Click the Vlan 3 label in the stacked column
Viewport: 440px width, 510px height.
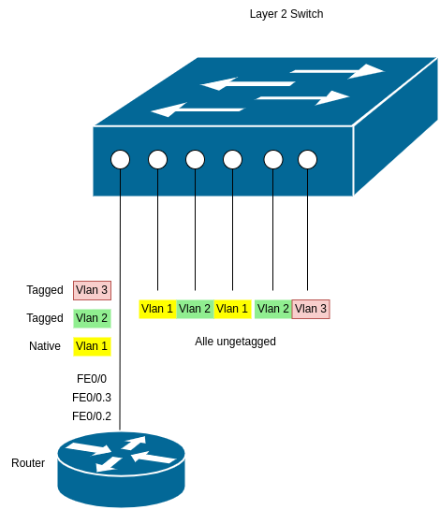point(92,290)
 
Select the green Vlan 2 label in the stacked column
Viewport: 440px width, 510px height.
point(92,318)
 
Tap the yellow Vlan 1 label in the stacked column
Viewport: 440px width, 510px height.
point(92,346)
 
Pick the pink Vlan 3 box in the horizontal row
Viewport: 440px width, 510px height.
point(311,309)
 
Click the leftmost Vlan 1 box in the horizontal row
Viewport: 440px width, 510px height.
point(156,309)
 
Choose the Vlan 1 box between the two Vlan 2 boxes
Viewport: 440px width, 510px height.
point(232,309)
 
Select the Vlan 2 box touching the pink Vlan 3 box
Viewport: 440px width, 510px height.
point(272,309)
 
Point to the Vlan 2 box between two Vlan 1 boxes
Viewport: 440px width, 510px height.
point(195,309)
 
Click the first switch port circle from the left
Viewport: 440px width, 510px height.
point(120,160)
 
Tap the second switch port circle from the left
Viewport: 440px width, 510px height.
point(157,160)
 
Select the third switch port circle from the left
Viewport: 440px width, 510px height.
point(195,160)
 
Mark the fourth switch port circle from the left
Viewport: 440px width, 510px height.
point(232,160)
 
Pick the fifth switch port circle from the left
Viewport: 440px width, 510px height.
point(272,160)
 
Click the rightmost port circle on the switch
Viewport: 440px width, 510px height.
point(307,160)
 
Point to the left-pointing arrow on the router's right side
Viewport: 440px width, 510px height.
point(154,457)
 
